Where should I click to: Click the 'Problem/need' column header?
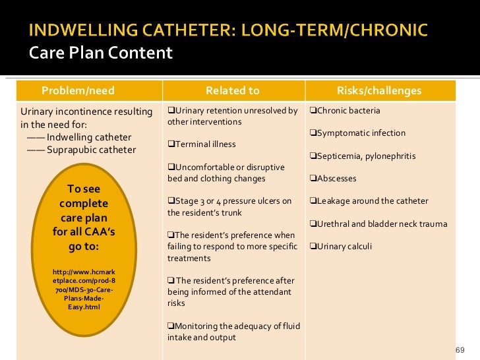coord(78,90)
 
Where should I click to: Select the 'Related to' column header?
coord(233,90)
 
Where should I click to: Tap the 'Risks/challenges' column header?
coord(378,90)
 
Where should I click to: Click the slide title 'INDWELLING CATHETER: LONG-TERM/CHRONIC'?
coord(228,30)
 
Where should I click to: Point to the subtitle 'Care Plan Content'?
coord(101,53)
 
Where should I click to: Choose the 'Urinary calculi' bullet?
coord(341,247)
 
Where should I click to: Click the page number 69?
coord(460,349)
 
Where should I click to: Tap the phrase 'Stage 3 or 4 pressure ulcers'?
coord(229,201)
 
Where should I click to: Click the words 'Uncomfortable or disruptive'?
coord(225,167)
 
